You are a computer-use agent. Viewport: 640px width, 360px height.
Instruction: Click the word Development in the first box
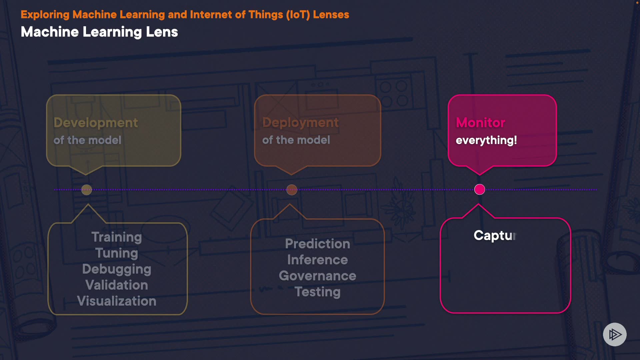(96, 123)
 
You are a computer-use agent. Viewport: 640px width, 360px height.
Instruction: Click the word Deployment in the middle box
(300, 123)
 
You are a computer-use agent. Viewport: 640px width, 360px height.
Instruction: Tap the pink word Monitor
(480, 123)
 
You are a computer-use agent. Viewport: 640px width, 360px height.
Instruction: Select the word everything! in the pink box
(486, 140)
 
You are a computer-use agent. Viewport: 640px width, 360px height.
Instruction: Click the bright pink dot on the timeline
(480, 189)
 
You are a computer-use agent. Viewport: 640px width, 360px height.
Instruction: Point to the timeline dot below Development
(87, 190)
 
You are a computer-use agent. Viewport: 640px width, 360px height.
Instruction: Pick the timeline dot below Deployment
(292, 190)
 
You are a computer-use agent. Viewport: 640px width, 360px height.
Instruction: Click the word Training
(117, 237)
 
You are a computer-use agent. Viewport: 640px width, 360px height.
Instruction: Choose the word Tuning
(117, 253)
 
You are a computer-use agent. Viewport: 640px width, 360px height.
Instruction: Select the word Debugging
(117, 269)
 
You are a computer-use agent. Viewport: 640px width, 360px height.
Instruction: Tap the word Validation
(117, 285)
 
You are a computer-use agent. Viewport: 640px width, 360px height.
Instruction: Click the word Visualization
(117, 301)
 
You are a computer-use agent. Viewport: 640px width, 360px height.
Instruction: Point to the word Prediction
(317, 244)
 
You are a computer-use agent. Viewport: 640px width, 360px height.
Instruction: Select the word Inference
(317, 260)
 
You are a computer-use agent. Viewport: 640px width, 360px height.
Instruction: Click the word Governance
(317, 276)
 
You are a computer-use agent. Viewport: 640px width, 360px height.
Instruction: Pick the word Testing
(317, 292)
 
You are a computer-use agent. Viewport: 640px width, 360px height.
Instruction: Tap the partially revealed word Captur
(495, 236)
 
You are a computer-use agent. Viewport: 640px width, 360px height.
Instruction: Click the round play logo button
(615, 334)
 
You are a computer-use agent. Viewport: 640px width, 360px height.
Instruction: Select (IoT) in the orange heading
(298, 15)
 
